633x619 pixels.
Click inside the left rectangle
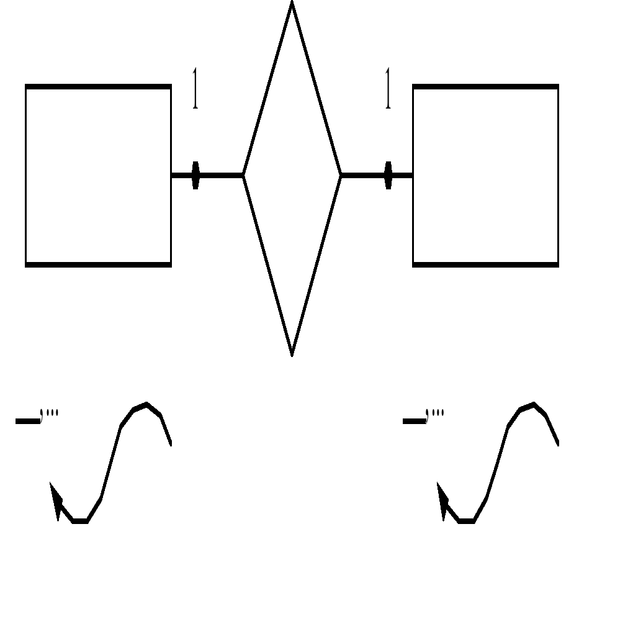[98, 176]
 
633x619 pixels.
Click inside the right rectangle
[485, 176]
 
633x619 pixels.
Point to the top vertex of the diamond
[292, 4]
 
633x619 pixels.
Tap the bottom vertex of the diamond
[292, 354]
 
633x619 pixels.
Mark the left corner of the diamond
[244, 176]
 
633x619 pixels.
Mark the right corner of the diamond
[340, 176]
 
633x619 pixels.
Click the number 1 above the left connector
[195, 89]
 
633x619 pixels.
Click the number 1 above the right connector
[388, 89]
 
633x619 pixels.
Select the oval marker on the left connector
[195, 175]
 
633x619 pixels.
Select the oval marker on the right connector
[388, 175]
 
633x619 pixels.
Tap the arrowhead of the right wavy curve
[442, 497]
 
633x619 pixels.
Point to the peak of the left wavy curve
[146, 405]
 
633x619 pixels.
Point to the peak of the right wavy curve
[533, 405]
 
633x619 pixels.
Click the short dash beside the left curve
[27, 421]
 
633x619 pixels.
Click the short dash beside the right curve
[414, 421]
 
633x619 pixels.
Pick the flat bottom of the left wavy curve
[80, 521]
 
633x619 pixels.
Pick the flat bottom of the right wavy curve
[467, 521]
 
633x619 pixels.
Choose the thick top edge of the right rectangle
[485, 87]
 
